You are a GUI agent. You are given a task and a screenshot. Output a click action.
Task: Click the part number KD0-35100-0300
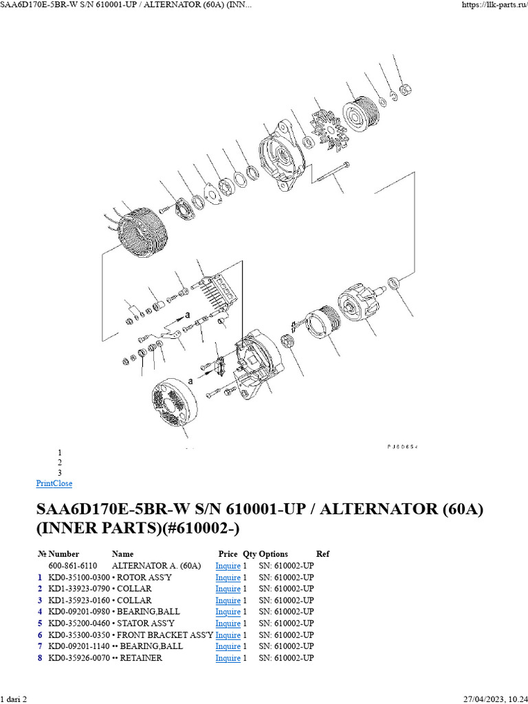point(79,577)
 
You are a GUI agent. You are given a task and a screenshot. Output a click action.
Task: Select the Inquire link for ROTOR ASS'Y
point(228,577)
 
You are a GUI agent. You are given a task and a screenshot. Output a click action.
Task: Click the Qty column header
point(249,554)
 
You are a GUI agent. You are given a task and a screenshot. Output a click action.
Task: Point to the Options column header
point(274,554)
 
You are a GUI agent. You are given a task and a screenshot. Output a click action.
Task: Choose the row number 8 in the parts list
point(41,658)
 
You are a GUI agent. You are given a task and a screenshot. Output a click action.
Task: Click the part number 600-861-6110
point(72,566)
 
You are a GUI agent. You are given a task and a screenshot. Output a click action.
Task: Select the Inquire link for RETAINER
point(228,658)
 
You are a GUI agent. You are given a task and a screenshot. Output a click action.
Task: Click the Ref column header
point(322,554)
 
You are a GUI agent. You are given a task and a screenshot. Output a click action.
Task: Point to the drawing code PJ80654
point(402,447)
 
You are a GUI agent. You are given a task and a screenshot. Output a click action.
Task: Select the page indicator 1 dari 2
point(14,698)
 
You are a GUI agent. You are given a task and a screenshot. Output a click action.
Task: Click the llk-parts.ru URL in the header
point(492,5)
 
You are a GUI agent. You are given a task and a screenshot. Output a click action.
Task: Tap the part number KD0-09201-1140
point(79,646)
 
